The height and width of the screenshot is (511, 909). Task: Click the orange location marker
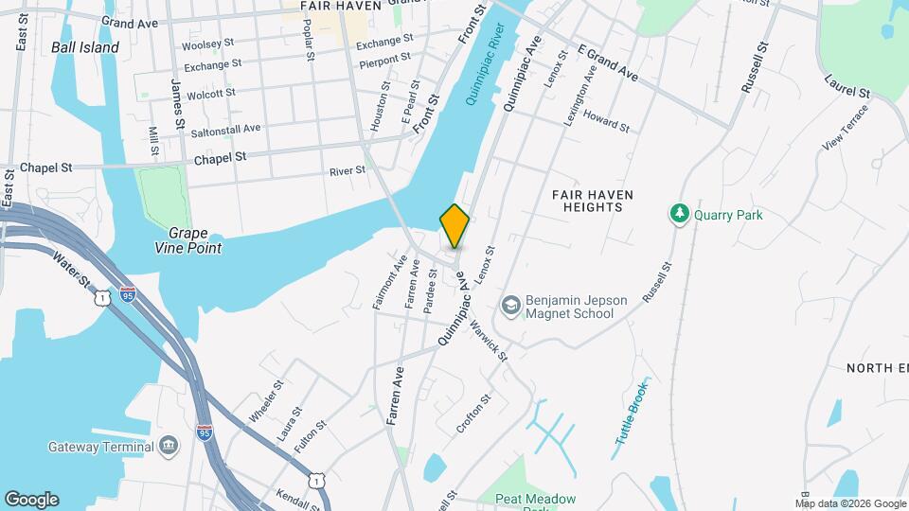tap(454, 226)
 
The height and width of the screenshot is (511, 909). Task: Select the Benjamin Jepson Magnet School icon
tap(511, 305)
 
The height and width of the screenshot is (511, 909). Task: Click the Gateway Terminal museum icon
tap(169, 445)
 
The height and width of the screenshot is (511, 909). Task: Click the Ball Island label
tap(85, 47)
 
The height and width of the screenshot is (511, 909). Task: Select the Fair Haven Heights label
tap(593, 200)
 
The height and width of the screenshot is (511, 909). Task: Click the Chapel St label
tap(220, 159)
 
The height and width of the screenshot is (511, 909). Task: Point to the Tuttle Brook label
tap(633, 413)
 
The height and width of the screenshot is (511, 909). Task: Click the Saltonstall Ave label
tap(225, 128)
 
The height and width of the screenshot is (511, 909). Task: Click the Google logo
tap(31, 500)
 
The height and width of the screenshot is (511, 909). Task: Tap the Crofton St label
tap(473, 414)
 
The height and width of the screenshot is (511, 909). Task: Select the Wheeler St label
tap(266, 401)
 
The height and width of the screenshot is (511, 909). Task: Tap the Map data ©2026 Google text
tap(849, 503)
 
